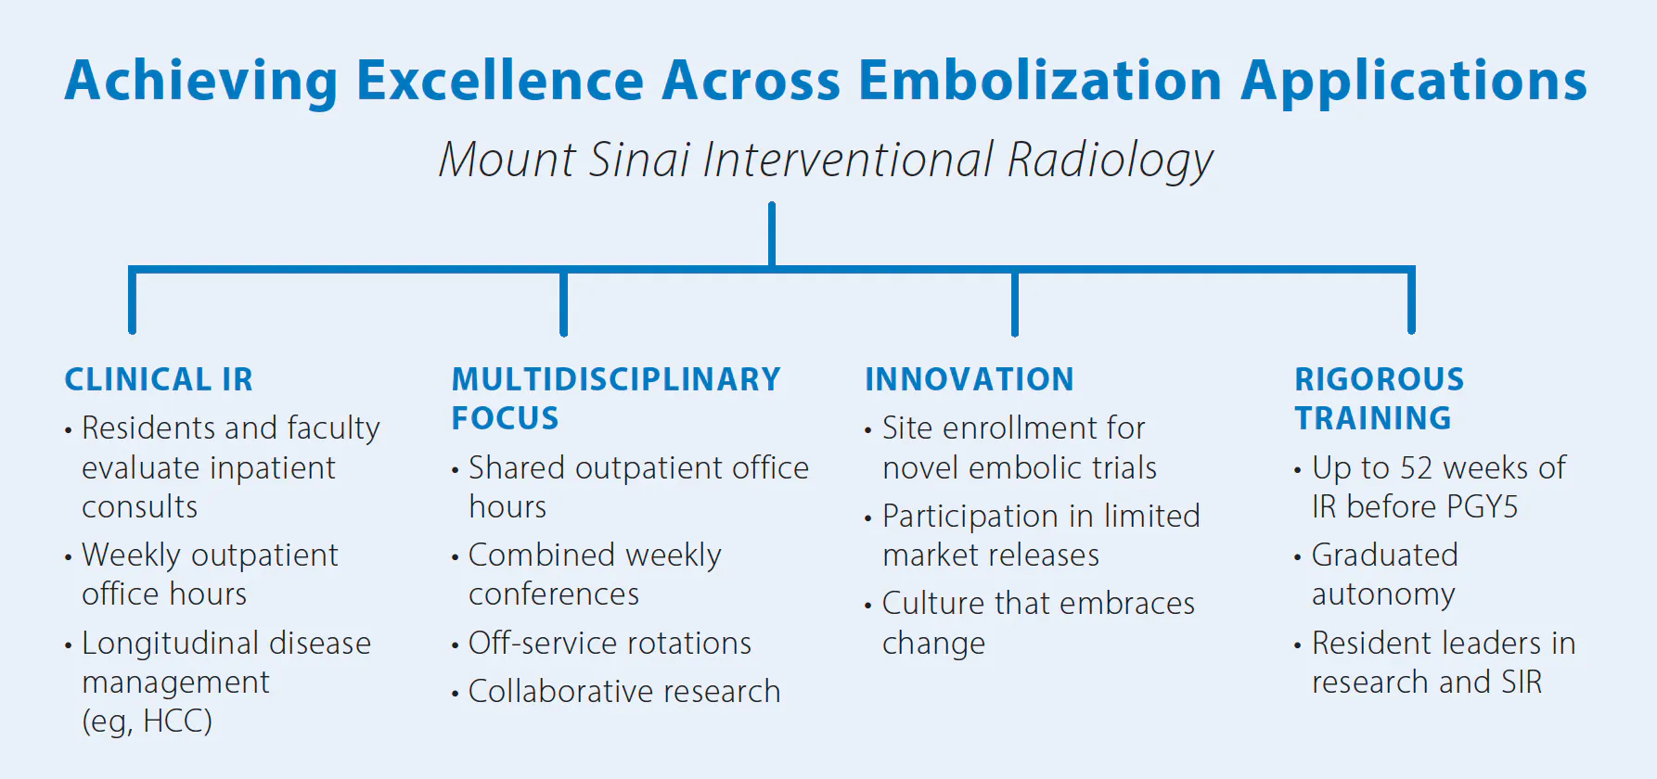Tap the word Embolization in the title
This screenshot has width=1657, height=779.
coord(1040,80)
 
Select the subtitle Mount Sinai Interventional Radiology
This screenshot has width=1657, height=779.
coord(826,160)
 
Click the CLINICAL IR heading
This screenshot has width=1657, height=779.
coord(159,379)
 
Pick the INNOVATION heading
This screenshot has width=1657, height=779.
coord(970,379)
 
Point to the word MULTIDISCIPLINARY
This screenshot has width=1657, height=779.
coord(616,379)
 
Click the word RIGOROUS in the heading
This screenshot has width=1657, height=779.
coord(1380,379)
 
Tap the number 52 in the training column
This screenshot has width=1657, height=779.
coord(1417,468)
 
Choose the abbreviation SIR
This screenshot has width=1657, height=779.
coord(1521,683)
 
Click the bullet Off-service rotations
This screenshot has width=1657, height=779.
coord(610,643)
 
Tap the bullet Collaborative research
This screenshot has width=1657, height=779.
coord(624,692)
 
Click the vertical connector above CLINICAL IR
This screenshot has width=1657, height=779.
coord(133,300)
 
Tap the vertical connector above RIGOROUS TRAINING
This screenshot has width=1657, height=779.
coord(1411,300)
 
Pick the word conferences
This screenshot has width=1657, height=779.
coord(554,594)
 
